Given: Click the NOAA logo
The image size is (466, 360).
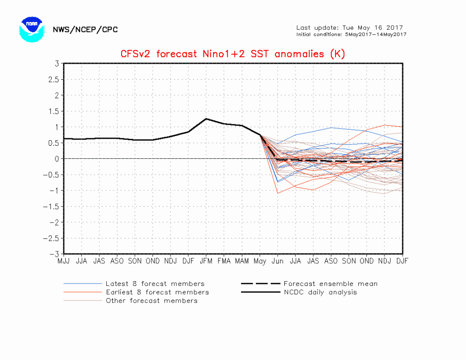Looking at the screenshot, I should click(x=32, y=29).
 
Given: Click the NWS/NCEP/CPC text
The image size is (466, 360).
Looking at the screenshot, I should click(x=85, y=30).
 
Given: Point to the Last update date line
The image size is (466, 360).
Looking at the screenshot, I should click(x=349, y=27).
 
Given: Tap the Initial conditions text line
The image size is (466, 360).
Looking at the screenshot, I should click(x=351, y=34).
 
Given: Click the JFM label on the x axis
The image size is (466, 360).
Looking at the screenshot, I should click(x=206, y=261).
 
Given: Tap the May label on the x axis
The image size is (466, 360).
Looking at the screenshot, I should click(x=260, y=261).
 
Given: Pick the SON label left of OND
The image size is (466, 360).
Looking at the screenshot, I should click(x=135, y=261).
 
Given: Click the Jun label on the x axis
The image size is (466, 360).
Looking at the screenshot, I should click(x=278, y=261).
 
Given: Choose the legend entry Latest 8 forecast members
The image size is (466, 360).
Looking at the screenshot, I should click(x=155, y=284).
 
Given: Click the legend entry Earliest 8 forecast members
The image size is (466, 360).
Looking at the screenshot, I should click(x=157, y=292).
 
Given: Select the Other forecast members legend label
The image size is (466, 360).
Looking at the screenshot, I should click(x=151, y=300).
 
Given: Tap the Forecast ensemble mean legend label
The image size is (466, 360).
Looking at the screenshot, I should click(x=330, y=284).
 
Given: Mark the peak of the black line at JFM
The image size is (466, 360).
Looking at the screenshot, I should click(x=206, y=118).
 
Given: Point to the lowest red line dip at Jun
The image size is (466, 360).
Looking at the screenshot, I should click(x=278, y=193).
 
